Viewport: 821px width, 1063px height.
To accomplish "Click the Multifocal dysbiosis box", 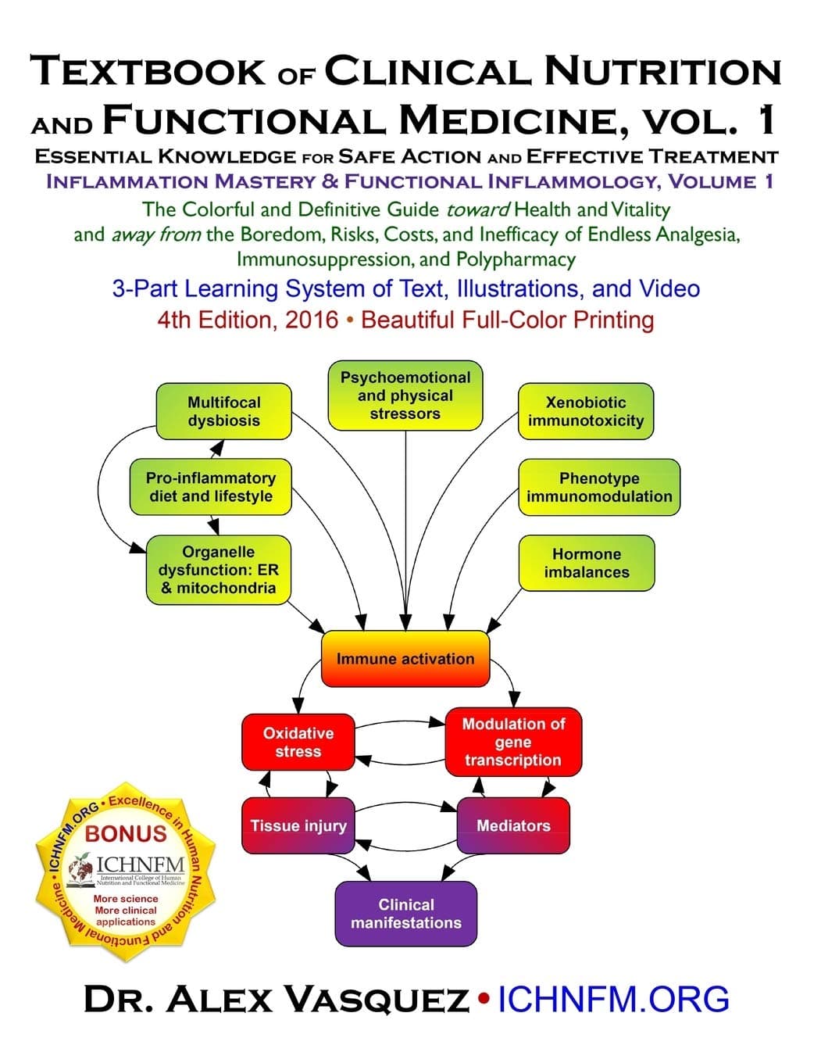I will pyautogui.click(x=223, y=411).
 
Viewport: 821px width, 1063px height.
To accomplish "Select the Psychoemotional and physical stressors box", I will pyautogui.click(x=405, y=395).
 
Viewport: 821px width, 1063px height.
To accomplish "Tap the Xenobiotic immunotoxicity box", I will pyautogui.click(x=586, y=411).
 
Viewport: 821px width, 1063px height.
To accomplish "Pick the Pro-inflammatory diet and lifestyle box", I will pyautogui.click(x=211, y=487).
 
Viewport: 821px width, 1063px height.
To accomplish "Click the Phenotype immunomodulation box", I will pyautogui.click(x=599, y=487).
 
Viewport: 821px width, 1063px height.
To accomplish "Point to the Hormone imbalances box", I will pyautogui.click(x=587, y=563).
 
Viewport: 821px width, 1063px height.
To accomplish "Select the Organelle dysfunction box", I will pyautogui.click(x=218, y=570).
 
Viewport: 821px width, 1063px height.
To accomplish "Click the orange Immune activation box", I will pyautogui.click(x=405, y=659).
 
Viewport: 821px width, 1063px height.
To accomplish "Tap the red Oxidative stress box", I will pyautogui.click(x=298, y=743).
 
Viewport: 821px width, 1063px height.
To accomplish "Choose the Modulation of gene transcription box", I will pyautogui.click(x=512, y=742).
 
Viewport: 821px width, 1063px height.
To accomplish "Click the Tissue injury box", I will pyautogui.click(x=298, y=825).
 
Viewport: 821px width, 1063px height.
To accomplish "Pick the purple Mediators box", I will pyautogui.click(x=513, y=825).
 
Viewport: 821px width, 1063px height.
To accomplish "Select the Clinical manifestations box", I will pyautogui.click(x=405, y=914).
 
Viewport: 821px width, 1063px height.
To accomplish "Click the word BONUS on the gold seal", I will pyautogui.click(x=126, y=833).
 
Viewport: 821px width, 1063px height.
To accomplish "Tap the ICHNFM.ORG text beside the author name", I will pyautogui.click(x=613, y=1000).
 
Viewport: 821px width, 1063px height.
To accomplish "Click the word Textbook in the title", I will pyautogui.click(x=148, y=72).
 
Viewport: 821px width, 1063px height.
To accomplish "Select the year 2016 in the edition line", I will pyautogui.click(x=312, y=320).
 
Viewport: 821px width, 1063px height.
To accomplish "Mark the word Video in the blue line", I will pyautogui.click(x=669, y=288).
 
